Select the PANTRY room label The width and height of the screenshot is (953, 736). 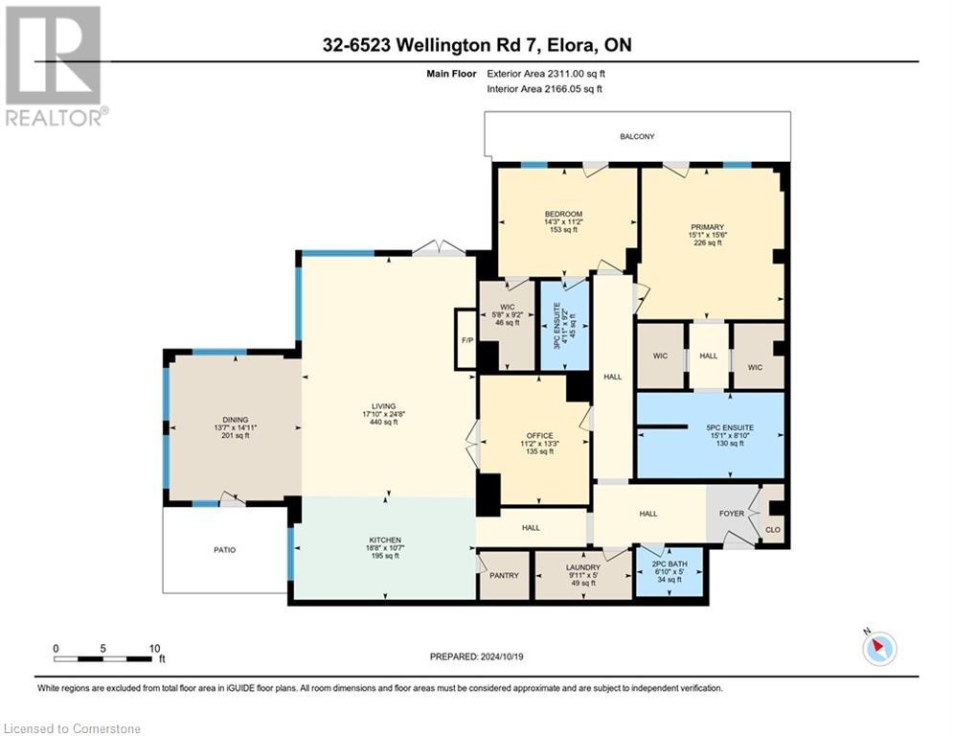click(x=503, y=576)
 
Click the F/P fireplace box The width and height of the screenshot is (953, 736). click(x=466, y=339)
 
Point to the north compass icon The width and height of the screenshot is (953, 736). click(x=878, y=650)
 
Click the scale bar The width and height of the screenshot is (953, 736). click(x=104, y=658)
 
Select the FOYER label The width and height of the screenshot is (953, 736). click(x=732, y=514)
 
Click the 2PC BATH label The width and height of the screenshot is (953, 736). click(x=669, y=566)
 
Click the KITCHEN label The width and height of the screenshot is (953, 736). click(x=384, y=540)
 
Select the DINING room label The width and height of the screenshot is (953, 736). click(x=235, y=420)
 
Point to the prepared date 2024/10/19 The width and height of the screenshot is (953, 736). click(x=479, y=656)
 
